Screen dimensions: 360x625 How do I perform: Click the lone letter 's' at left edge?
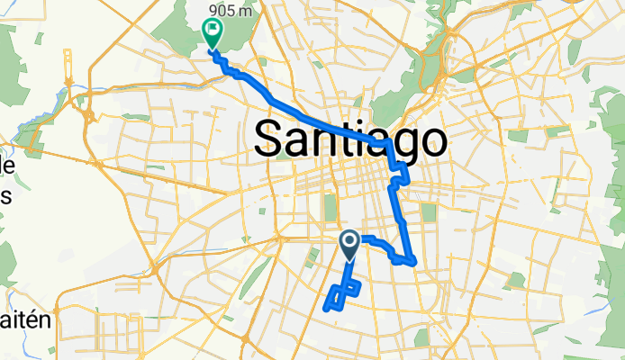[x=5, y=197]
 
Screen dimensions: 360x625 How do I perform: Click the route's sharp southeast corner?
[x=413, y=262]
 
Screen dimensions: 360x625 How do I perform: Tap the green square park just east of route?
[x=429, y=213]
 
